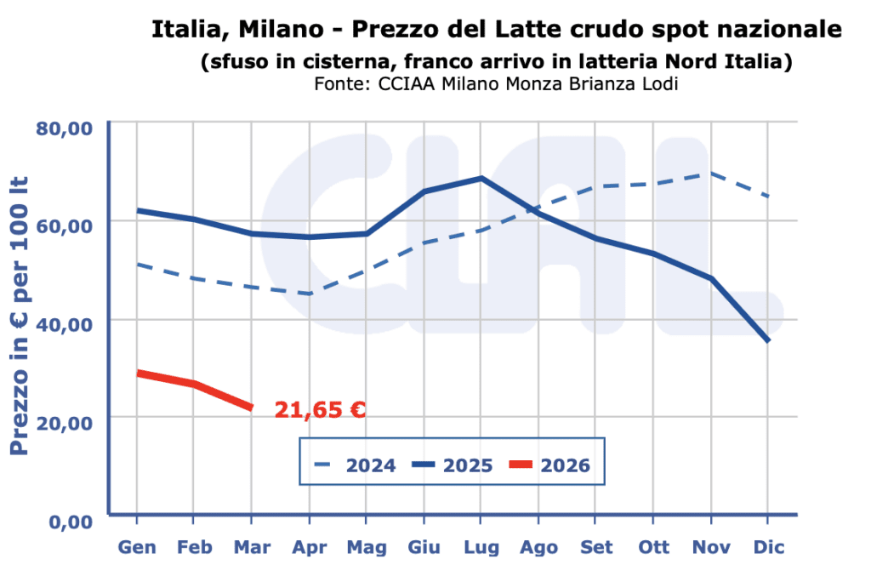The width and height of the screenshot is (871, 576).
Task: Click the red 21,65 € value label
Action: (320, 411)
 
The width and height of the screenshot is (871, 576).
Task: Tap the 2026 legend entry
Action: (549, 465)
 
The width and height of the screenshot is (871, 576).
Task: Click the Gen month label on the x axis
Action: (136, 547)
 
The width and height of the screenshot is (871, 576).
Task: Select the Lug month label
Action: (481, 547)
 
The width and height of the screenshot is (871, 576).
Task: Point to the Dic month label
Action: (768, 547)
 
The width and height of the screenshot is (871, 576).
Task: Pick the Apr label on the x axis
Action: (309, 547)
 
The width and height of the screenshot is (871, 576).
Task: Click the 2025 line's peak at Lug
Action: (481, 178)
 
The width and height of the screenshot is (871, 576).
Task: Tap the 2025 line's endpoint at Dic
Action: (768, 340)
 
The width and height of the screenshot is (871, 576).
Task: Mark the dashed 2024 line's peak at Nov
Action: (710, 174)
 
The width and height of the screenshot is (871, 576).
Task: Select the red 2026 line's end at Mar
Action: (251, 408)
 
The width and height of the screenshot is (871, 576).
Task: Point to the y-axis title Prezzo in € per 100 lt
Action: (20, 315)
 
